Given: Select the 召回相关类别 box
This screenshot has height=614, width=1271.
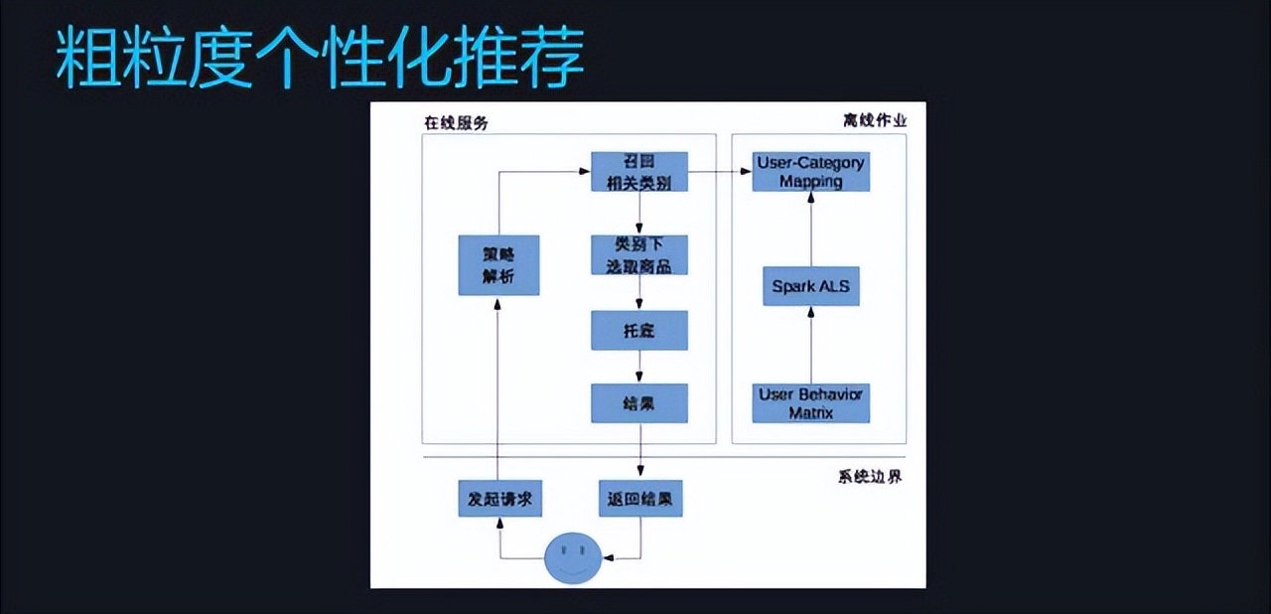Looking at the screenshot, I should coord(638,172).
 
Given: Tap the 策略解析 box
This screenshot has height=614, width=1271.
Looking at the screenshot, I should coord(498,265).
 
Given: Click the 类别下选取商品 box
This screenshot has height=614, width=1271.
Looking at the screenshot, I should coord(638,255).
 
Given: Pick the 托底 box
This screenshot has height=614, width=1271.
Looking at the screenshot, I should coord(638,331).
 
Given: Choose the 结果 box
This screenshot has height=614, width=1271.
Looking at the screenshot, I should coord(638,403).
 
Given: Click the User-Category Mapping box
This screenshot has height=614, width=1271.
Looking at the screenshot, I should coord(810,172).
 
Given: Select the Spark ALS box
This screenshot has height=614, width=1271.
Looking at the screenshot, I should coord(810,286).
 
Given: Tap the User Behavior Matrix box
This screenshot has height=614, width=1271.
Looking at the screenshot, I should coord(810,403).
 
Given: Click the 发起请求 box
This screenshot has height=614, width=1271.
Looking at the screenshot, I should coord(499,499).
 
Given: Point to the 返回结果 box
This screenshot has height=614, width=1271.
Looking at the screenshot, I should coord(640,499).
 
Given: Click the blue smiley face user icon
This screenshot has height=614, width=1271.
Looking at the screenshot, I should coord(573,558).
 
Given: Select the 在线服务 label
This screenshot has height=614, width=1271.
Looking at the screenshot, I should coord(456,123).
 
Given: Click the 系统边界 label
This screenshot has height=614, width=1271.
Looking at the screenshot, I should coord(870,477).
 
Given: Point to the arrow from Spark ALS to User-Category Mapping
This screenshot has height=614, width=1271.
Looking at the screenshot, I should coord(811,230).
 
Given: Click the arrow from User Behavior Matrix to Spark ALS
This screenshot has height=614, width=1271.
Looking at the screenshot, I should coord(811,345).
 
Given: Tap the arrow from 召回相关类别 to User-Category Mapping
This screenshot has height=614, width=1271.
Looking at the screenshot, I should coord(719,172).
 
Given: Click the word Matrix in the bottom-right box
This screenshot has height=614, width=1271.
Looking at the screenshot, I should coord(810,412).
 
